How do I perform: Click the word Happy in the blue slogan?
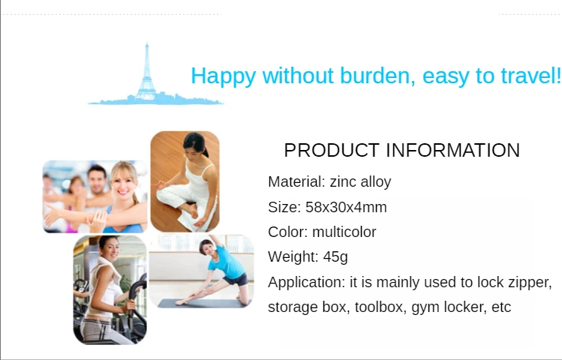pos(224,76)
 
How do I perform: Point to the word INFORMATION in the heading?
pos(452,150)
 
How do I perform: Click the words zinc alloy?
pos(360,181)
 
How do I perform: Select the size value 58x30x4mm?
pos(346,207)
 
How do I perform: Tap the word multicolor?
pos(344,232)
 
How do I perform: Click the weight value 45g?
pos(335,257)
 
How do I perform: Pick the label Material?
pos(297,181)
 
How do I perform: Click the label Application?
pos(306,283)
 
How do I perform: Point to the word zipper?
pos(530,283)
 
